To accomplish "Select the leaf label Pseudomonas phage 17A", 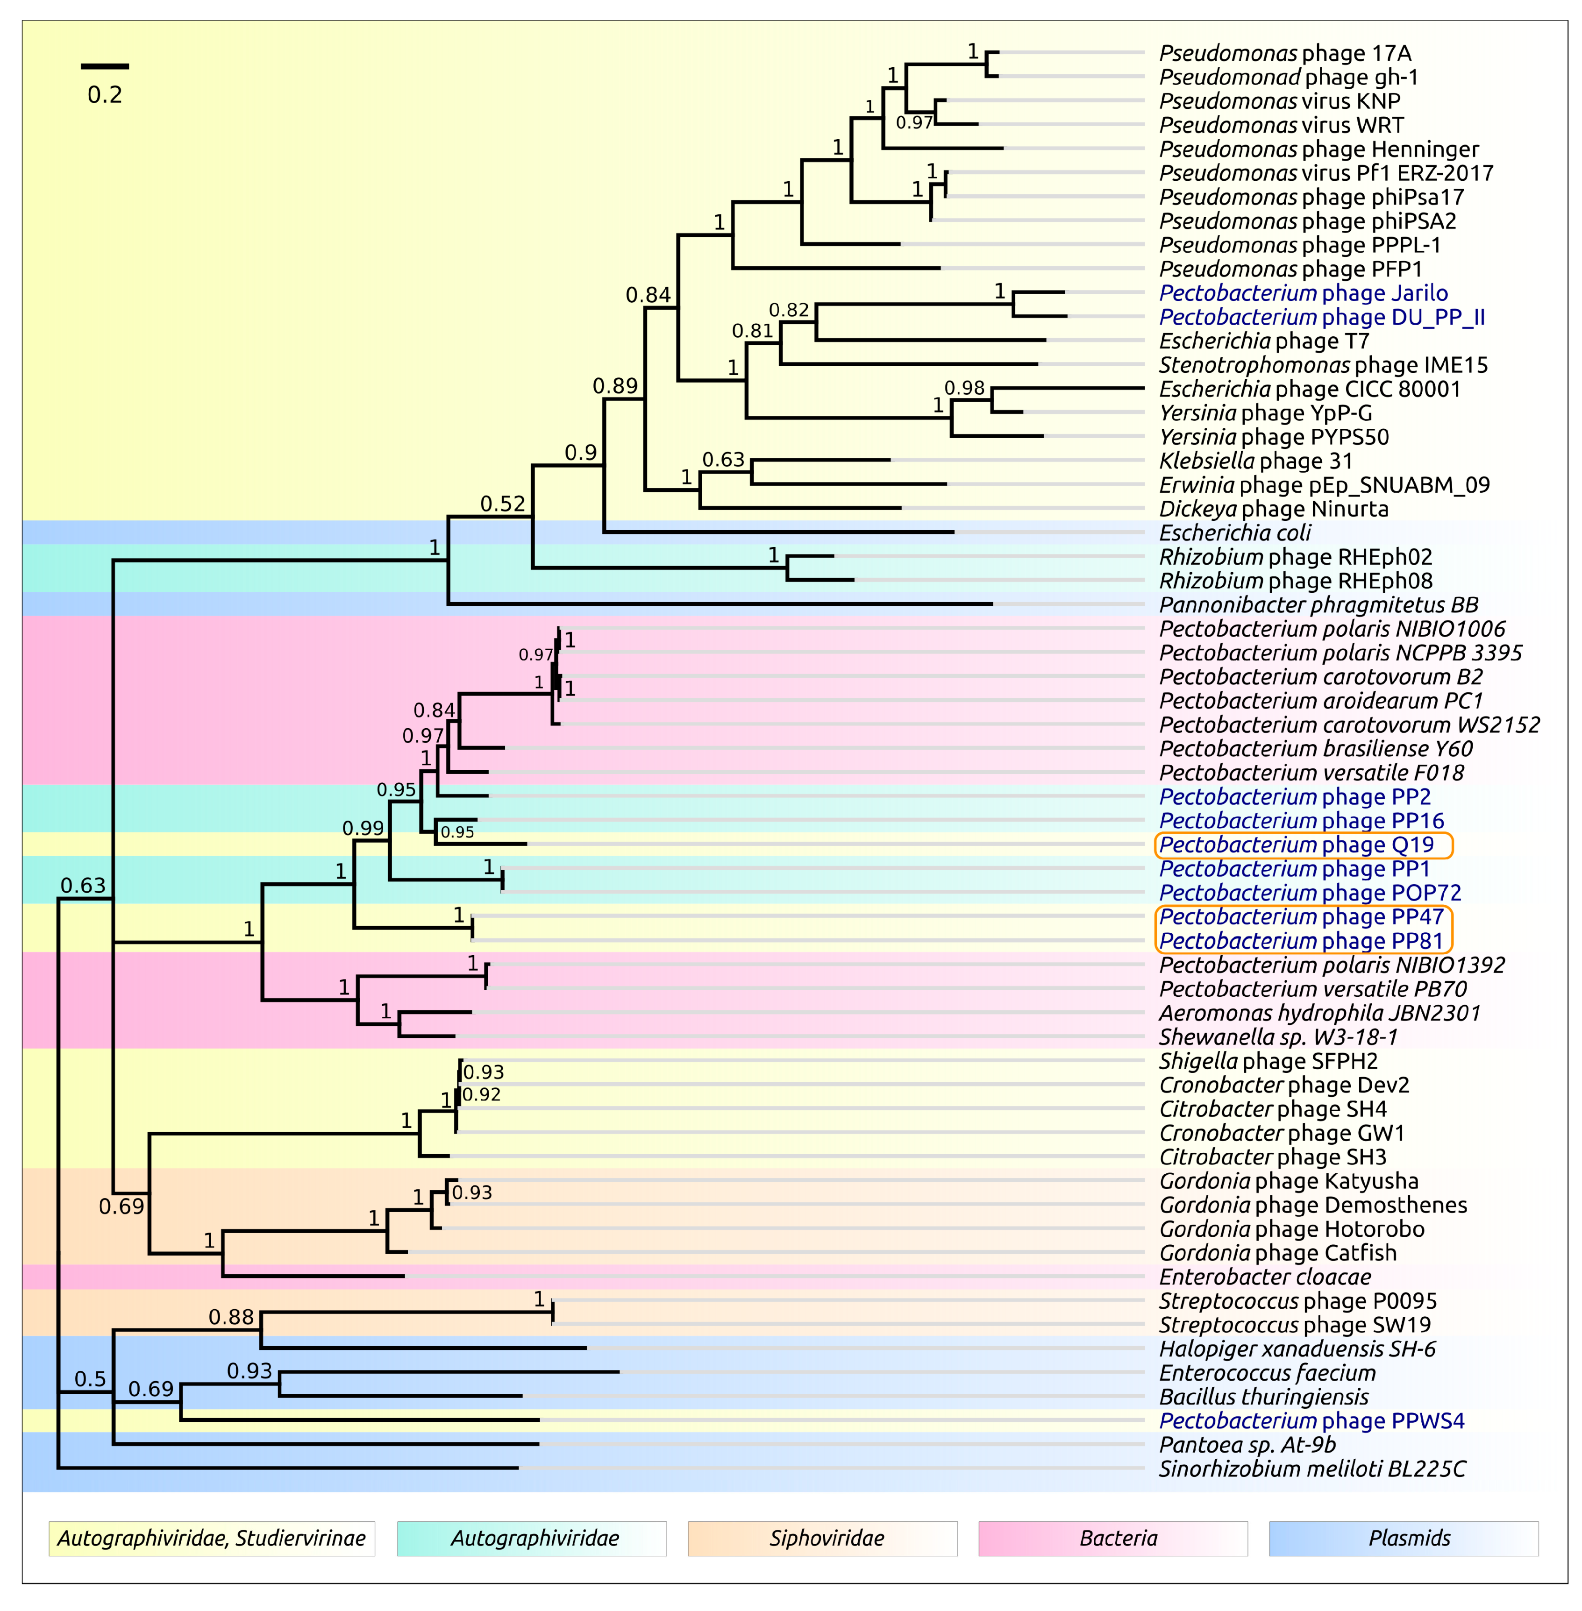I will point(1284,53).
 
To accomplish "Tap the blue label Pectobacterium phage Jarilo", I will point(1303,293).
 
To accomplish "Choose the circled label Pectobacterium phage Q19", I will point(1296,845).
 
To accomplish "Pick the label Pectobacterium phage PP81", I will point(1301,941).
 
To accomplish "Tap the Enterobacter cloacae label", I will point(1265,1277).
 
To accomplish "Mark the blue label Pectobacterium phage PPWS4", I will point(1311,1421).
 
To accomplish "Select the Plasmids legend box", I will point(1404,1538).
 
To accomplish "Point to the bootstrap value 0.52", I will point(503,504).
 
